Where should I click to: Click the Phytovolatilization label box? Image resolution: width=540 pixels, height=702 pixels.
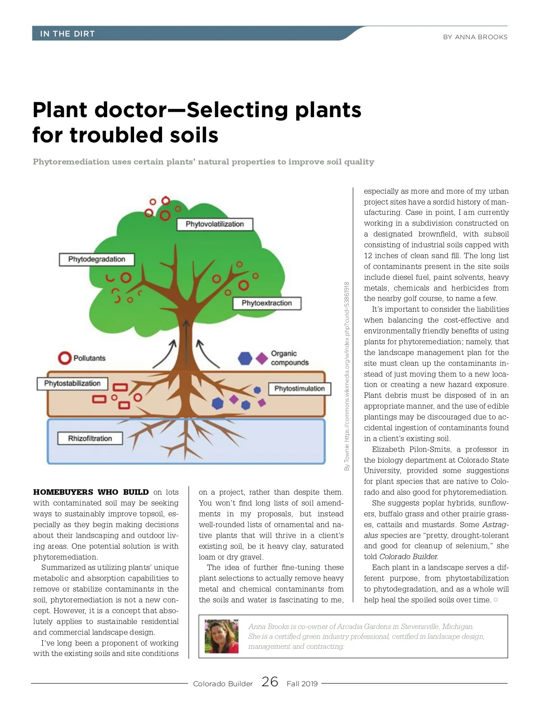pyautogui.click(x=215, y=224)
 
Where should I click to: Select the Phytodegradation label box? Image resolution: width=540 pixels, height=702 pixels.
pyautogui.click(x=97, y=260)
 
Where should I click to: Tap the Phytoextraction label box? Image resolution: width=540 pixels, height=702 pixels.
pyautogui.click(x=267, y=303)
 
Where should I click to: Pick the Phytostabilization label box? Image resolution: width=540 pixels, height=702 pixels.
pyautogui.click(x=72, y=383)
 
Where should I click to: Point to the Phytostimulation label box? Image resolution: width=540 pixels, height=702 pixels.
pyautogui.click(x=299, y=389)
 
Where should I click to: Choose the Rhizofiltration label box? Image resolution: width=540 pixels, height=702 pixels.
pyautogui.click(x=90, y=438)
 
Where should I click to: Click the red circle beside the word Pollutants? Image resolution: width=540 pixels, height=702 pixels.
pyautogui.click(x=65, y=358)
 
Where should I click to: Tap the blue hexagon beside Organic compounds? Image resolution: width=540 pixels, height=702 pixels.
pyautogui.click(x=245, y=358)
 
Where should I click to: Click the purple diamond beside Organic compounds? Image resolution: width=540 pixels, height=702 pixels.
pyautogui.click(x=262, y=358)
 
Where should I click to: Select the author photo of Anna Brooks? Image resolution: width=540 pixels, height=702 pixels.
pyautogui.click(x=221, y=636)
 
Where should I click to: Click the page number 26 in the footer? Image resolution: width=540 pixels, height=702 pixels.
pyautogui.click(x=270, y=682)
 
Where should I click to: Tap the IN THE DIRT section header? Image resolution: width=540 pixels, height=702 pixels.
pyautogui.click(x=67, y=34)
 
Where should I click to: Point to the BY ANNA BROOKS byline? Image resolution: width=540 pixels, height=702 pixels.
pyautogui.click(x=475, y=37)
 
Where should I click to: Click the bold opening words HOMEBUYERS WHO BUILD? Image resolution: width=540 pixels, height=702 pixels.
pyautogui.click(x=90, y=492)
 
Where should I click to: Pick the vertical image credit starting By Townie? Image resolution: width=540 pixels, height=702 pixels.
pyautogui.click(x=346, y=376)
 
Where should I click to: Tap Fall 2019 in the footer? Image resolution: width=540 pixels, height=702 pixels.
pyautogui.click(x=302, y=684)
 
